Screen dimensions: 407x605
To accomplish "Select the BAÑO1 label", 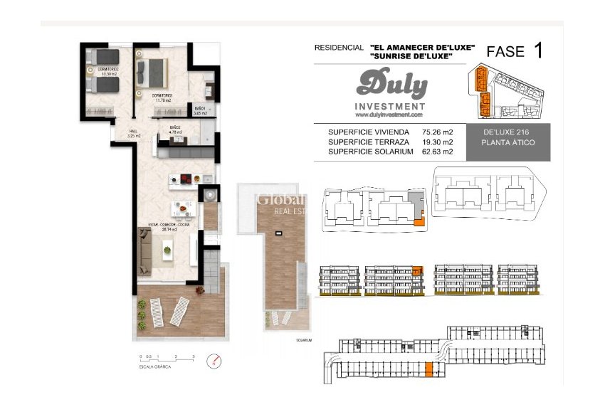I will click(x=200, y=110).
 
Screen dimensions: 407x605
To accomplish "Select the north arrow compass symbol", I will click(x=211, y=361).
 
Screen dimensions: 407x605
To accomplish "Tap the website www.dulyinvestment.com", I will click(x=389, y=115).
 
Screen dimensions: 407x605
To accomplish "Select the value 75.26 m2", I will click(x=438, y=132).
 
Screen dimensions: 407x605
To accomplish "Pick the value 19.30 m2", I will click(x=438, y=142).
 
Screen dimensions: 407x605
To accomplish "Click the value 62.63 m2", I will click(x=438, y=151).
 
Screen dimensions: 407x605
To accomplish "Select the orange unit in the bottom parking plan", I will click(x=428, y=369).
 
